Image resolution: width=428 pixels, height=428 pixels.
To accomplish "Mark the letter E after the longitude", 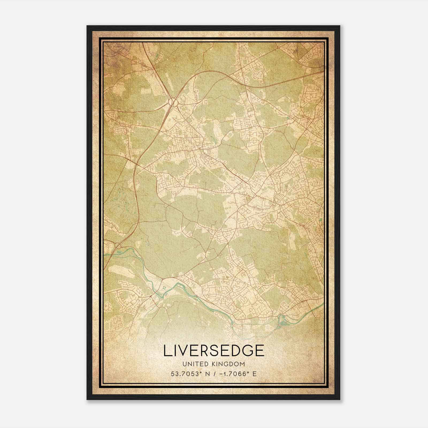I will [255, 374].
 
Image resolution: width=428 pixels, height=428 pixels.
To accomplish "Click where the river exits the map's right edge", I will [323, 304].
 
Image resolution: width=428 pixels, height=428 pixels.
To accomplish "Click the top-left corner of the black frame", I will [87, 26].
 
